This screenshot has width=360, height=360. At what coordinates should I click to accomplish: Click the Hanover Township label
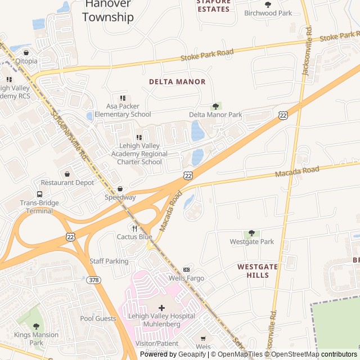click(x=108, y=11)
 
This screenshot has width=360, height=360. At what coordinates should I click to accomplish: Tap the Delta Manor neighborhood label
click(x=177, y=82)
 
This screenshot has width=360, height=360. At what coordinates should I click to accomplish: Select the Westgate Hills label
click(x=257, y=271)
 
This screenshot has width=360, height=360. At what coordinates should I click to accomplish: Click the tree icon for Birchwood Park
click(x=268, y=4)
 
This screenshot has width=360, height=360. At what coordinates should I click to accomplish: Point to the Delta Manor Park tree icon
click(x=215, y=106)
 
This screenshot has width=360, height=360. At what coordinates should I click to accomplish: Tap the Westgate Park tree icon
click(x=251, y=233)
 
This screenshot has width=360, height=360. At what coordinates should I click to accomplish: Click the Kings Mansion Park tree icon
click(x=37, y=326)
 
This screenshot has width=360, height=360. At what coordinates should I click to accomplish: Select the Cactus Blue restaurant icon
click(x=134, y=228)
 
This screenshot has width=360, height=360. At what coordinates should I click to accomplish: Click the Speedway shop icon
click(x=120, y=189)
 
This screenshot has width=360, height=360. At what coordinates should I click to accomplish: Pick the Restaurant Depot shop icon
click(x=67, y=174)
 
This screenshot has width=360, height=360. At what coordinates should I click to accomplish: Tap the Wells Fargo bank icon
click(x=187, y=269)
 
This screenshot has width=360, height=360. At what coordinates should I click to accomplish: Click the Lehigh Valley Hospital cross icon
click(x=161, y=308)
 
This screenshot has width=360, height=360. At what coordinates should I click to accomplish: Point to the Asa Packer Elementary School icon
click(x=123, y=98)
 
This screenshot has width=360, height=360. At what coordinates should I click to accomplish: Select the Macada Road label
click(x=296, y=172)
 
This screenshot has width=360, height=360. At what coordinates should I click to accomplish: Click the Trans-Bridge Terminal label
click(x=39, y=207)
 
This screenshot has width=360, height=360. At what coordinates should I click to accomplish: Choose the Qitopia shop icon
click(x=26, y=52)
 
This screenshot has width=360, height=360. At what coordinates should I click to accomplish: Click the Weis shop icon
click(x=203, y=339)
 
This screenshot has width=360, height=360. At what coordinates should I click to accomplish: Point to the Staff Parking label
click(x=109, y=261)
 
